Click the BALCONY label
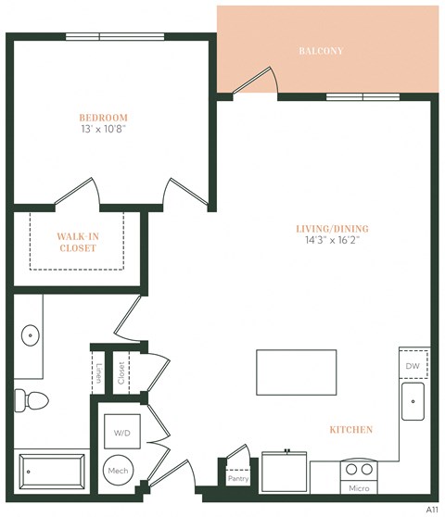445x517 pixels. [x=321, y=51]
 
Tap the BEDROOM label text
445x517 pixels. [x=103, y=118]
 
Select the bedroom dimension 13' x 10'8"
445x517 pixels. [x=103, y=130]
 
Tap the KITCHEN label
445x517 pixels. [x=351, y=430]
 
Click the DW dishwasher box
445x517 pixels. [x=413, y=366]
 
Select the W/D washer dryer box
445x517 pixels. [x=122, y=433]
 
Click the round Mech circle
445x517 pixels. [x=119, y=471]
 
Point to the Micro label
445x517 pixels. [x=358, y=487]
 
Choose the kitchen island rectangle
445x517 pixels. [x=295, y=372]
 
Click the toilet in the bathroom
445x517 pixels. [x=32, y=400]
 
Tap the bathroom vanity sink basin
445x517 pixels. [x=29, y=334]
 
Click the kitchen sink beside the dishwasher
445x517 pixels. [x=413, y=401]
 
